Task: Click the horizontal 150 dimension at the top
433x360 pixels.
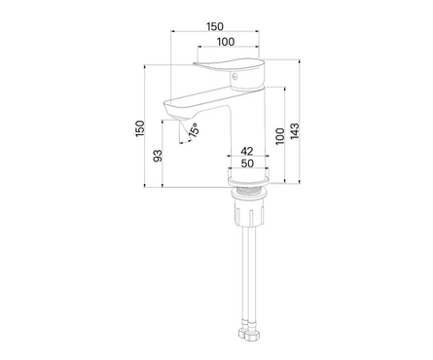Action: point(215,26)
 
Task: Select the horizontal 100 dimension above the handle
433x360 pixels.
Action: point(226,42)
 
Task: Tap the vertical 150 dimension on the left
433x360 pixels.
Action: point(140,128)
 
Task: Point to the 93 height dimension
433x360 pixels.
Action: point(158,156)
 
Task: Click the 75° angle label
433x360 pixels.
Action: point(194,130)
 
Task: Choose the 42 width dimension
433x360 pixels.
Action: point(247,151)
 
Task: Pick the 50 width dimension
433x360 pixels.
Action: point(247,163)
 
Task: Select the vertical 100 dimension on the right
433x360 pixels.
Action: point(280,136)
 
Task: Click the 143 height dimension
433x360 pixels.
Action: point(295,131)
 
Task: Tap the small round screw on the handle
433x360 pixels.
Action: point(235,77)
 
